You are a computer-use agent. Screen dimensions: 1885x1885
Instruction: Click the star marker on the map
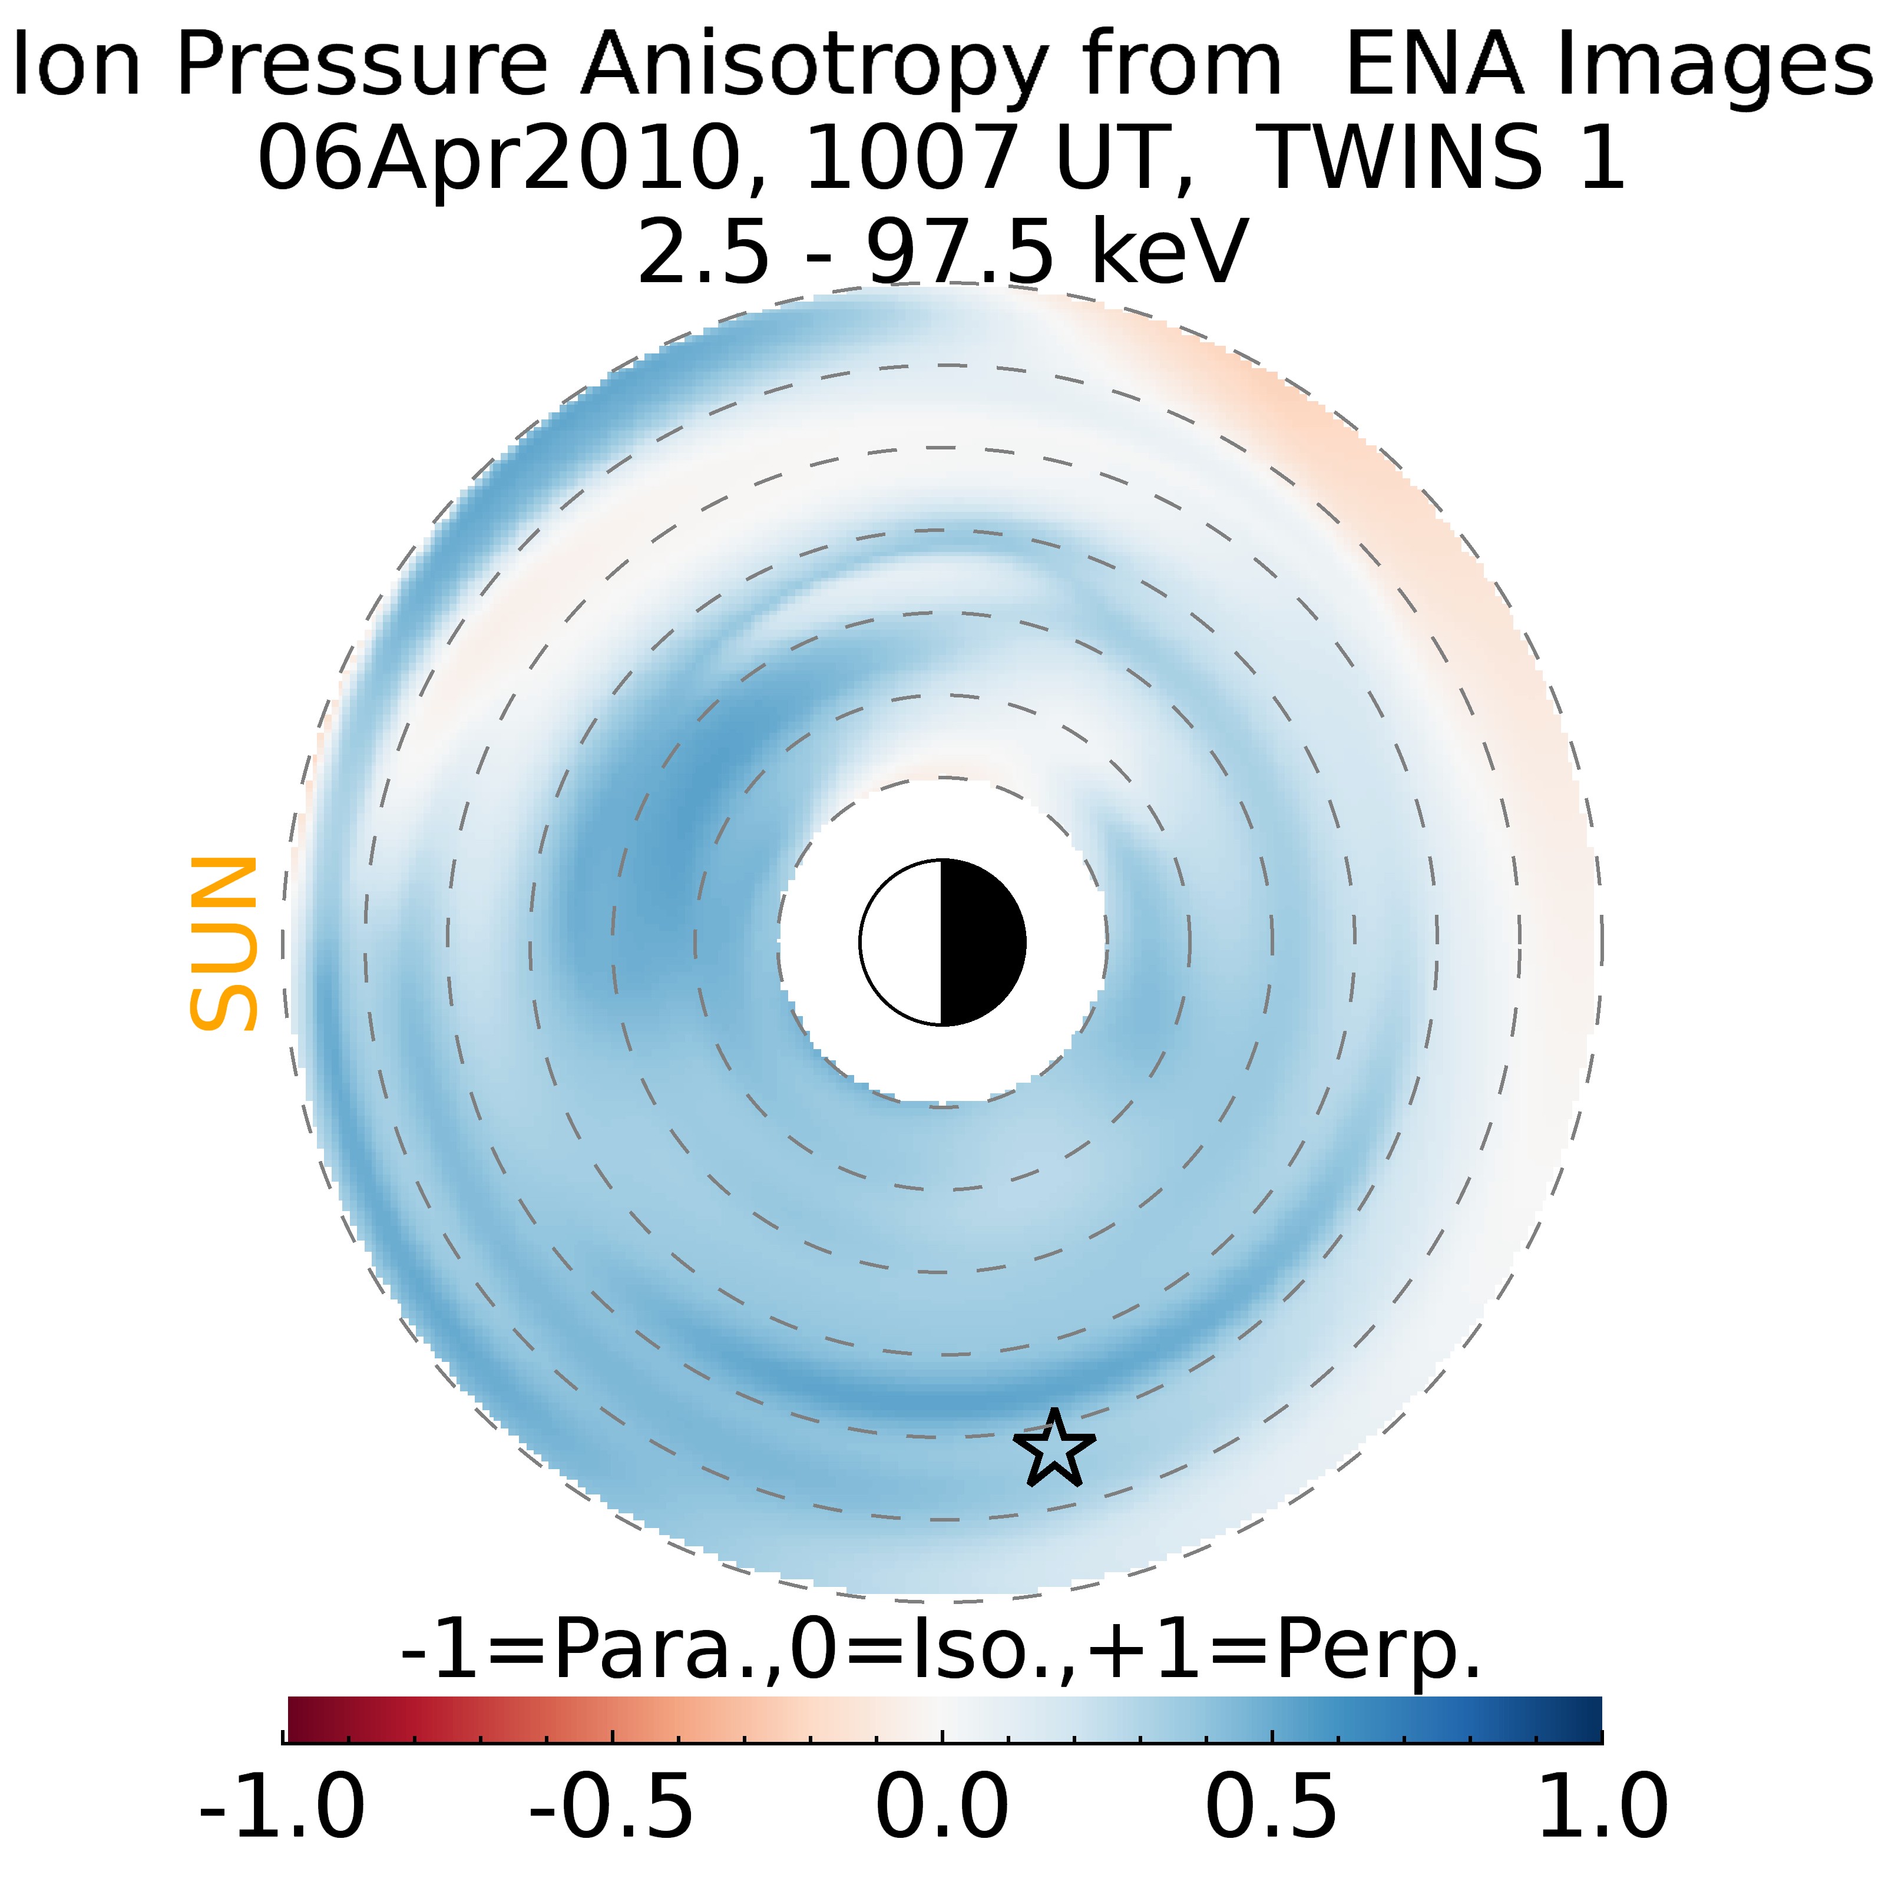point(1054,1449)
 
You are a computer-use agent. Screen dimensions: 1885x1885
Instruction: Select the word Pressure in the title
point(361,64)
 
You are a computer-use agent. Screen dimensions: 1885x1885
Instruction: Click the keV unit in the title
point(1169,250)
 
